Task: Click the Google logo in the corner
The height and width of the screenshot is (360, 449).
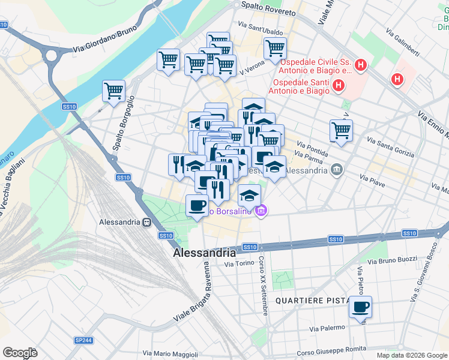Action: coord(20,353)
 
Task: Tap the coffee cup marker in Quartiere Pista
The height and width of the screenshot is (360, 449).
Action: coord(360,308)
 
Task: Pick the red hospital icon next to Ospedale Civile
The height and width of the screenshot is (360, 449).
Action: coord(361,65)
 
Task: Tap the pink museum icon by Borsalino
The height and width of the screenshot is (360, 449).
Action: coord(261,211)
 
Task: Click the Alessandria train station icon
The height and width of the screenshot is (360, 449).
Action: coord(146,221)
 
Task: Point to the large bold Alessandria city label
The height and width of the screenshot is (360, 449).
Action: coord(204,253)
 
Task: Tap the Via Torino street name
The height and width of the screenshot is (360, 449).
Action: coord(239,263)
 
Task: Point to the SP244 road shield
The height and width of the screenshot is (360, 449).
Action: coord(83,340)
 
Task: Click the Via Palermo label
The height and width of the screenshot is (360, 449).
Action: coord(327,328)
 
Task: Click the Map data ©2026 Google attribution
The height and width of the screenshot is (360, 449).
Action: coord(411,355)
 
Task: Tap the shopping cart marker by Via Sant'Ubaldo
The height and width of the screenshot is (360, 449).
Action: coord(275,47)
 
